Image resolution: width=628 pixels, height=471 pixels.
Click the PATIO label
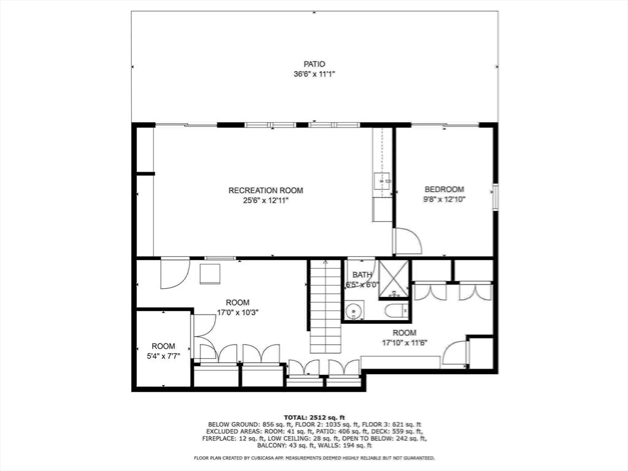pyautogui.click(x=314, y=64)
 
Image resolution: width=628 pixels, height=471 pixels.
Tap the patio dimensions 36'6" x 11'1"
pyautogui.click(x=314, y=74)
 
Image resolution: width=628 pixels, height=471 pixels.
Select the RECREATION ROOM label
pyautogui.click(x=266, y=190)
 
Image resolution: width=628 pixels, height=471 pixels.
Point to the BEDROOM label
pyautogui.click(x=444, y=190)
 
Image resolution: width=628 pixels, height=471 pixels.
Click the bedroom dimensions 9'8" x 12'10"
pyautogui.click(x=444, y=199)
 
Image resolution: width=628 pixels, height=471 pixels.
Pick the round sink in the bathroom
pyautogui.click(x=353, y=312)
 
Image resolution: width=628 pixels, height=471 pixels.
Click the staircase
pyautogui.click(x=325, y=307)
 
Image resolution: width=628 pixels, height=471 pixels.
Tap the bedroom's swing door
pyautogui.click(x=406, y=241)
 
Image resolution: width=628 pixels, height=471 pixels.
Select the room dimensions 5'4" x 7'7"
pyautogui.click(x=163, y=356)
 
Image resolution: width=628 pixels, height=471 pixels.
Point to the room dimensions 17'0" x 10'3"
pyautogui.click(x=237, y=312)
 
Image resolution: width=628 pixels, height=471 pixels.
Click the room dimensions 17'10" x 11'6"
pyautogui.click(x=404, y=343)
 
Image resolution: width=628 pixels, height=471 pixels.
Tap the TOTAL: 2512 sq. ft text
pyautogui.click(x=313, y=417)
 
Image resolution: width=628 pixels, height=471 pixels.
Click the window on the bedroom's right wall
pyautogui.click(x=496, y=197)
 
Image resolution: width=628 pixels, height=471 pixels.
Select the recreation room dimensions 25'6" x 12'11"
pyautogui.click(x=266, y=200)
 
